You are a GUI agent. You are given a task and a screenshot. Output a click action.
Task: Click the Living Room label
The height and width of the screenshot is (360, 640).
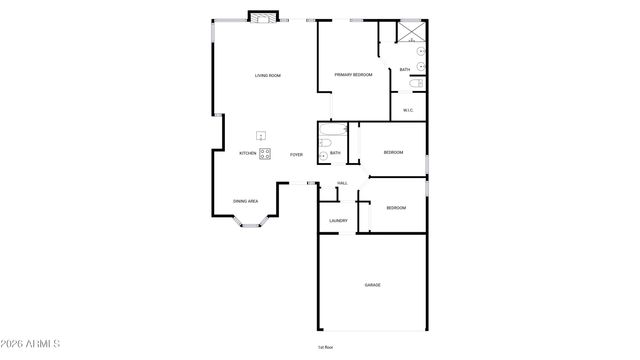point(267,76)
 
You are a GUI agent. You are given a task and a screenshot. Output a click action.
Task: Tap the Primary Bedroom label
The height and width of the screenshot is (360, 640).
point(353,75)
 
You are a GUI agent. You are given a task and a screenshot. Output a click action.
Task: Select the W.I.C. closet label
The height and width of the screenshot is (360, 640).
point(408,110)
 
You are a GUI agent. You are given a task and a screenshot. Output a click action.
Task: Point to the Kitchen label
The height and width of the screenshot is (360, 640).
point(247,154)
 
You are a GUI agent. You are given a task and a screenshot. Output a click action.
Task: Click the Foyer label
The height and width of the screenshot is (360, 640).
point(296,154)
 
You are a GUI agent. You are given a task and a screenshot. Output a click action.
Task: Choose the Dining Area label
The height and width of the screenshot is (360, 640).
point(246,201)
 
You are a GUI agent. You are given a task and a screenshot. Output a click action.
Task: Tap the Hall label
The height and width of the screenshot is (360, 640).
point(342,183)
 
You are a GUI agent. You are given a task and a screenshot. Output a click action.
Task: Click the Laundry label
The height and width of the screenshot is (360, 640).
point(338,221)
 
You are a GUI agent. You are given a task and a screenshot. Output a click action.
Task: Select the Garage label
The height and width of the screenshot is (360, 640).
point(372,285)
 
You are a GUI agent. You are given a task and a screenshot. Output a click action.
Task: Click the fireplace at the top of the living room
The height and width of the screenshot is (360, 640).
point(263,18)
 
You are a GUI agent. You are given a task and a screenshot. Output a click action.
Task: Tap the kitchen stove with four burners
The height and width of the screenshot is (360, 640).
point(265,153)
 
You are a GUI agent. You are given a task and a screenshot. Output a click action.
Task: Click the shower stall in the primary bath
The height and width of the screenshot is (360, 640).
point(410,31)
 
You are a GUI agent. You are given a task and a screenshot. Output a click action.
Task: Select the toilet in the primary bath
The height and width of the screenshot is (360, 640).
point(417,84)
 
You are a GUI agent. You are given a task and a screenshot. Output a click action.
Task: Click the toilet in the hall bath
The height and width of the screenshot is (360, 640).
point(325,155)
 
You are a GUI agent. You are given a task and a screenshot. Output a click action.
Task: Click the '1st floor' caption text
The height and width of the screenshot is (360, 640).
point(325,347)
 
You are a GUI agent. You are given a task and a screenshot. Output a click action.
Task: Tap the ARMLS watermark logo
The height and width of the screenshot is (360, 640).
point(31,345)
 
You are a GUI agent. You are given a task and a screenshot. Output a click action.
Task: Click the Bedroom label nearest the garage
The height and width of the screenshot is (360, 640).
point(396,208)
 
